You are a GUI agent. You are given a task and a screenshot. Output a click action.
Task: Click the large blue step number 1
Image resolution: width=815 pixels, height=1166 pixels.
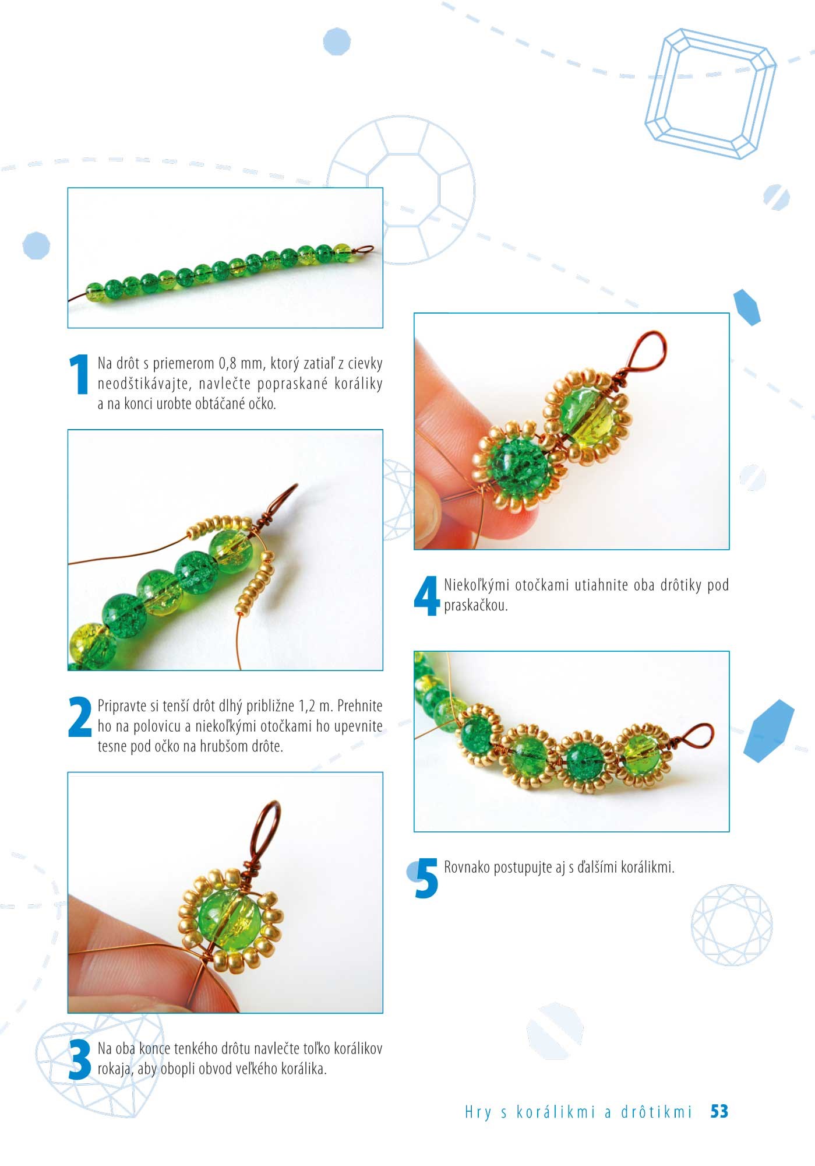(79, 374)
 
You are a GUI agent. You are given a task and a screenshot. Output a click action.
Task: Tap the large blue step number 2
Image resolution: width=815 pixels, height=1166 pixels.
(80, 717)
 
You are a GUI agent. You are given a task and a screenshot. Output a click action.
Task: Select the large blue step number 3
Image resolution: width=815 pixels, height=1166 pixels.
(80, 1059)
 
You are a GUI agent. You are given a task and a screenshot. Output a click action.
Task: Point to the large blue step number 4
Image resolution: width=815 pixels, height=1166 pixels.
(426, 595)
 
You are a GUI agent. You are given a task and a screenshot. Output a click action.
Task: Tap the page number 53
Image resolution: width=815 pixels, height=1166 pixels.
(719, 1111)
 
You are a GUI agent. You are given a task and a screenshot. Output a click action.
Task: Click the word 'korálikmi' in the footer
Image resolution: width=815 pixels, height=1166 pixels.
(556, 1112)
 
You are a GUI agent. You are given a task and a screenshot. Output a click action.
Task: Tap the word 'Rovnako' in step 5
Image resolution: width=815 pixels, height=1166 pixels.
(467, 867)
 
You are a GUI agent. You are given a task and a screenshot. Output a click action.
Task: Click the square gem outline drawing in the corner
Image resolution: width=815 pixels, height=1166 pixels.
(710, 93)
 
